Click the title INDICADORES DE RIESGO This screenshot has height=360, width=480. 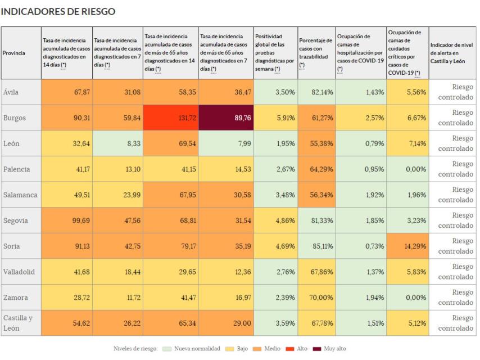point(59,11)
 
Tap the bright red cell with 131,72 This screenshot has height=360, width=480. point(171,118)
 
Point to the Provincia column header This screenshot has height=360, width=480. point(13,53)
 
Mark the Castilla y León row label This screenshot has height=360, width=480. point(19,323)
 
